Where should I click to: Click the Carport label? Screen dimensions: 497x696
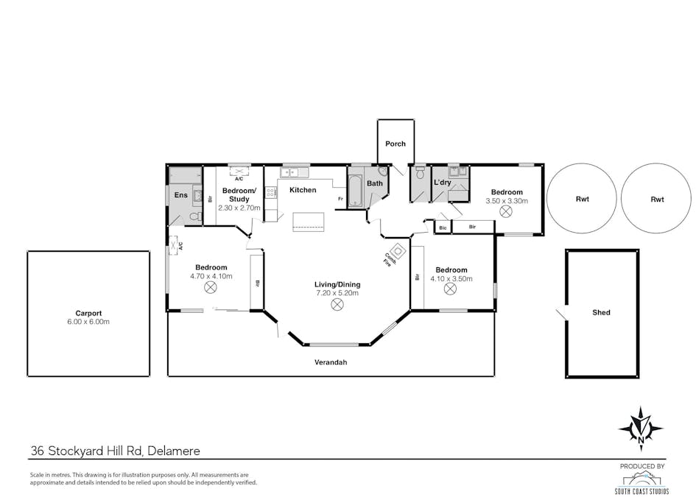coord(88,313)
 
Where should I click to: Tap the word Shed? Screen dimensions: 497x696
coord(601,313)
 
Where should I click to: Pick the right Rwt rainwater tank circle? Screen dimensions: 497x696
coord(657,199)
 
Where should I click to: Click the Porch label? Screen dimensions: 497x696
coord(396,144)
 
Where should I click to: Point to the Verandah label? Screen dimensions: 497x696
coord(331,362)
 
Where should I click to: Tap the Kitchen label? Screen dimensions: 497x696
coord(303,190)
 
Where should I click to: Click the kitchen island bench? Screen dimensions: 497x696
coord(308,222)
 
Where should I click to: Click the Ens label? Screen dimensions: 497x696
coord(180,195)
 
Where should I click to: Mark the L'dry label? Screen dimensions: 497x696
coord(442,183)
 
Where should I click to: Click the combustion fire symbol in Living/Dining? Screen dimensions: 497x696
coord(398,250)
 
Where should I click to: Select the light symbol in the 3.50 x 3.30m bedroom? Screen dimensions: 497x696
coord(506,211)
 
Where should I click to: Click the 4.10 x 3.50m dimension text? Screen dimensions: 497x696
coord(451,279)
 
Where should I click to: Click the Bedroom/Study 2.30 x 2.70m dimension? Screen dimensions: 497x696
coord(239,208)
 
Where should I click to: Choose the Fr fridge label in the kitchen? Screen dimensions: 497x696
coord(340,199)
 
